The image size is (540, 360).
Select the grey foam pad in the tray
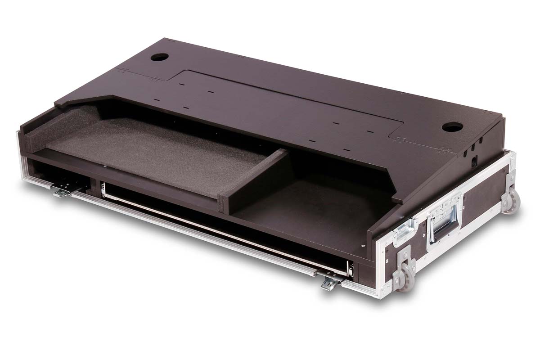[157, 144]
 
